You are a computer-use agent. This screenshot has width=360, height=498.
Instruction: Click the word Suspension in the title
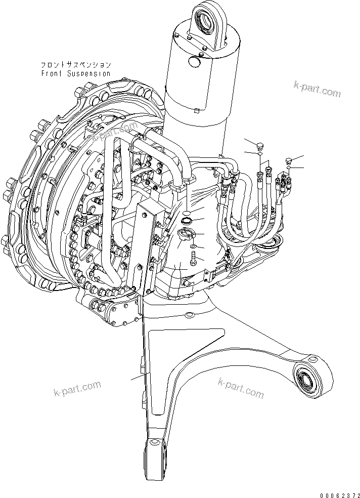85,73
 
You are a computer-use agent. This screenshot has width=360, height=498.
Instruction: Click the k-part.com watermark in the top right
317,90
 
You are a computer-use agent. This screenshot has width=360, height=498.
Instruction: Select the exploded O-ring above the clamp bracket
186,221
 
